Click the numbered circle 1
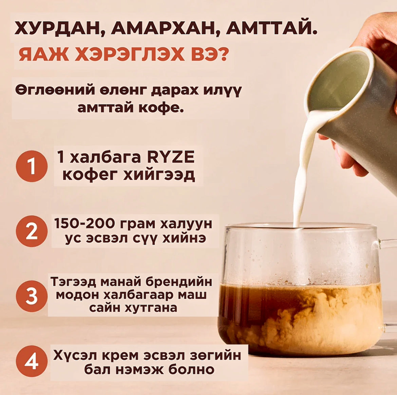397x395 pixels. [x=32, y=166]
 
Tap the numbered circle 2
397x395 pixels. [x=32, y=231]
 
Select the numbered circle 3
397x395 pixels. [x=32, y=296]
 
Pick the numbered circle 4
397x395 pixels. [x=32, y=361]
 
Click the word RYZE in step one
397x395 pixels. [x=171, y=157]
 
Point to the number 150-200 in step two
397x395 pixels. [x=85, y=223]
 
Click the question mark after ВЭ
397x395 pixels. [x=223, y=53]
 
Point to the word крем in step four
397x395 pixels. [x=120, y=356]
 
